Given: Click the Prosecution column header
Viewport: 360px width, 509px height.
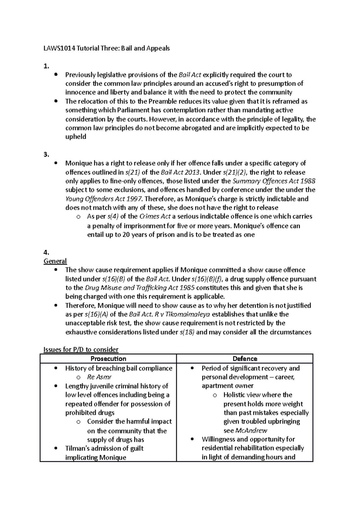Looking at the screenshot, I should (x=108, y=359).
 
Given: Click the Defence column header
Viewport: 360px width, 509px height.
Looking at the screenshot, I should (x=245, y=359).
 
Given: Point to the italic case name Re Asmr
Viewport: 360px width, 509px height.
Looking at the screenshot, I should (x=99, y=377).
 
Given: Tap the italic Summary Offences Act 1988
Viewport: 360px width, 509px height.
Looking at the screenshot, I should (x=274, y=181).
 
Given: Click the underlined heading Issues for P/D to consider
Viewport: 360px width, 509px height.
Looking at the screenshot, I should (x=81, y=349).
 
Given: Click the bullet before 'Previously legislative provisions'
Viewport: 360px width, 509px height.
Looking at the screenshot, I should (x=55, y=74).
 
